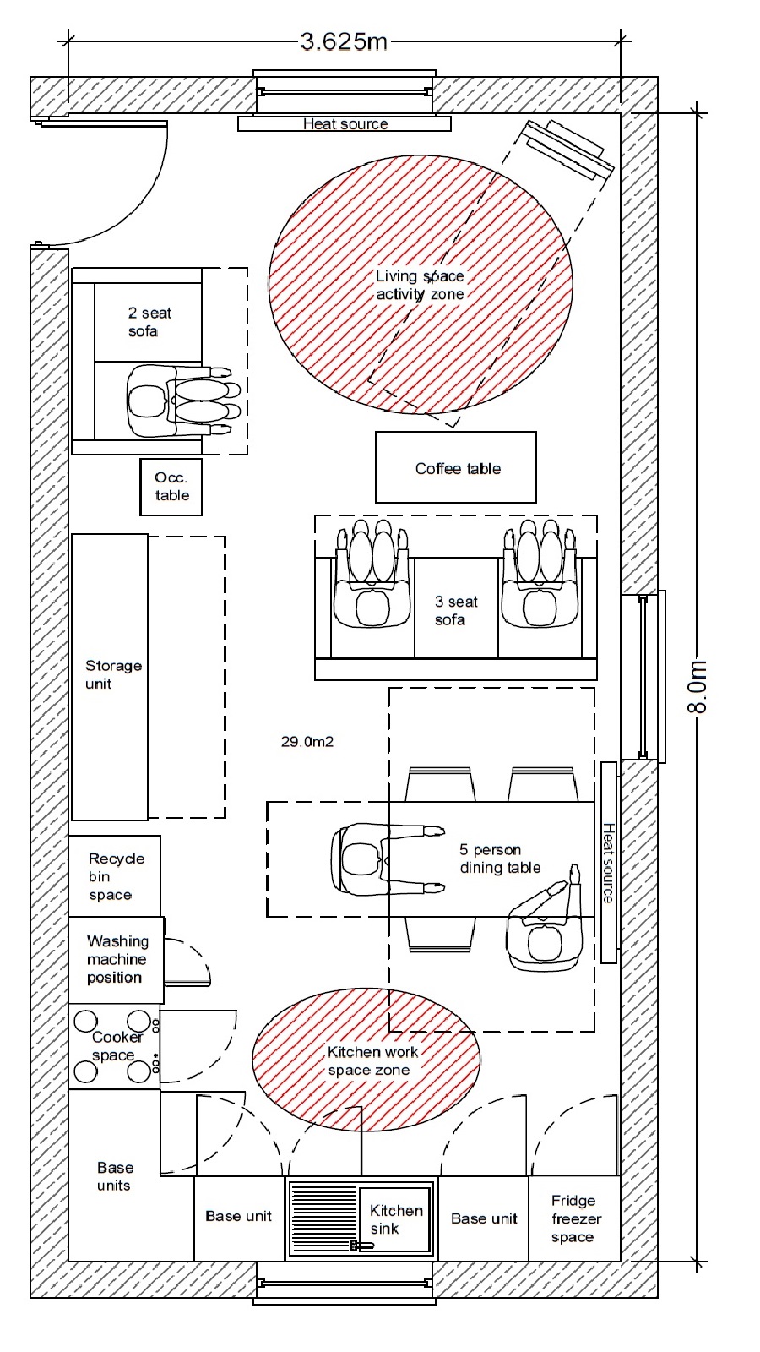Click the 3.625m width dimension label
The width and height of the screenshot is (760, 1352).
pyautogui.click(x=344, y=41)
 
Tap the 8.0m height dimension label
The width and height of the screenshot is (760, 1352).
pyautogui.click(x=697, y=686)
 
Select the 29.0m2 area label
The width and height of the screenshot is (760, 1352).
pyautogui.click(x=307, y=741)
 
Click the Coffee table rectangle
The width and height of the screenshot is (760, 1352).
pyautogui.click(x=456, y=467)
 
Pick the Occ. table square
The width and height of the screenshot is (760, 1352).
pyautogui.click(x=171, y=487)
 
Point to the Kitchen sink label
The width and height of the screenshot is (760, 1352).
pyautogui.click(x=396, y=1219)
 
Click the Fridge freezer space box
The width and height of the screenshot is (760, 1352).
pyautogui.click(x=575, y=1218)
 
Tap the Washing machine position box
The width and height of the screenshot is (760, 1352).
pyautogui.click(x=116, y=960)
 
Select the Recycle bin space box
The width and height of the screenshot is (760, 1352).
pyautogui.click(x=115, y=875)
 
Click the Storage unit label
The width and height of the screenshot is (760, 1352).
pyautogui.click(x=113, y=674)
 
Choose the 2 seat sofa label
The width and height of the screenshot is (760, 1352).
pyautogui.click(x=149, y=322)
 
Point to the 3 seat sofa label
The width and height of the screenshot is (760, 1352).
pyautogui.click(x=456, y=610)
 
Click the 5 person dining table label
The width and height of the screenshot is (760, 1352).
pyautogui.click(x=500, y=859)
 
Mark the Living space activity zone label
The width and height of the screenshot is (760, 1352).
pyautogui.click(x=420, y=285)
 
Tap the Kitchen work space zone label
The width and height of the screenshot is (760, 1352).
pyautogui.click(x=372, y=1060)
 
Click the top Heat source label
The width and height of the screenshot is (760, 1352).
pyautogui.click(x=345, y=123)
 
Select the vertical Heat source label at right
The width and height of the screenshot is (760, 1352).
pyautogui.click(x=608, y=863)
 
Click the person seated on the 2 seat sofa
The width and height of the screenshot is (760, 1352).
pyautogui.click(x=179, y=401)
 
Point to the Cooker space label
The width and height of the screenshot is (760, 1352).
pyautogui.click(x=117, y=1045)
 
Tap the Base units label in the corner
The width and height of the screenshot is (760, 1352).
pyautogui.click(x=115, y=1176)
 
